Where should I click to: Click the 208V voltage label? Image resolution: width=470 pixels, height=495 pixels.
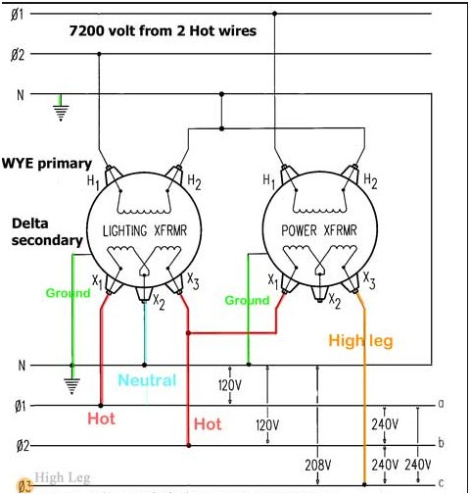318,465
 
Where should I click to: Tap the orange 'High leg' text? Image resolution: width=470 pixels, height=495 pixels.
360,341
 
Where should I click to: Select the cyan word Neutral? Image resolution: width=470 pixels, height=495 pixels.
147,380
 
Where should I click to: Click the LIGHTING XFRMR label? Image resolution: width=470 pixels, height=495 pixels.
145,230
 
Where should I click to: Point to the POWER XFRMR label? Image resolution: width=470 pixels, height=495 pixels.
319,230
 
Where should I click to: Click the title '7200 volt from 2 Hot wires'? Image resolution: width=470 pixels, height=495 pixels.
163,31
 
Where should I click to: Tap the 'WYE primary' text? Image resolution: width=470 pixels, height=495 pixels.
47,164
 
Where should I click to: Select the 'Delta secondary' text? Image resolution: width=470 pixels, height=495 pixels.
47,232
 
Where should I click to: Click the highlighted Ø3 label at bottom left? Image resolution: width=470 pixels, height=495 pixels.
24,486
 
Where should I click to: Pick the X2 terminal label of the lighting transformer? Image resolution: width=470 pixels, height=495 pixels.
159,302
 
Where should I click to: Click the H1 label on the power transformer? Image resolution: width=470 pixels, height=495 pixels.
269,181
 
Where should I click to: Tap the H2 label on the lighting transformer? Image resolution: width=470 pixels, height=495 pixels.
194,182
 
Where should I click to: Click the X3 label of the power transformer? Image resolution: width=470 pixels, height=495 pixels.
369,280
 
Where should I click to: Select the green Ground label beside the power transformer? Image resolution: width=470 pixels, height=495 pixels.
247,300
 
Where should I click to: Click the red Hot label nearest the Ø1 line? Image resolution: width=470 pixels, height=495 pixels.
102,419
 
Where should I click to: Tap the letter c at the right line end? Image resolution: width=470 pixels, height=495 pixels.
441,482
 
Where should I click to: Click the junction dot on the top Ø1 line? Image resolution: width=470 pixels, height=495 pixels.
275,14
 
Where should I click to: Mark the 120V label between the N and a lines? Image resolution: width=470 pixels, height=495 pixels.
230,386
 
